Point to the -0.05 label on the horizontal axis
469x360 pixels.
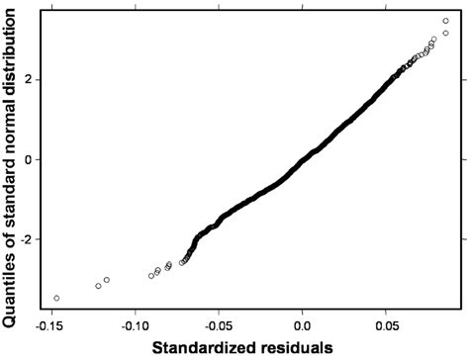click(219, 324)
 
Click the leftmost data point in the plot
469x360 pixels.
click(56, 298)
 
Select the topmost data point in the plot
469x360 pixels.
click(445, 21)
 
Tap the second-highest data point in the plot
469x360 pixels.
click(445, 33)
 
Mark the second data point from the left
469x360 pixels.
click(98, 286)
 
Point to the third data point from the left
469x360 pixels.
click(107, 280)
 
